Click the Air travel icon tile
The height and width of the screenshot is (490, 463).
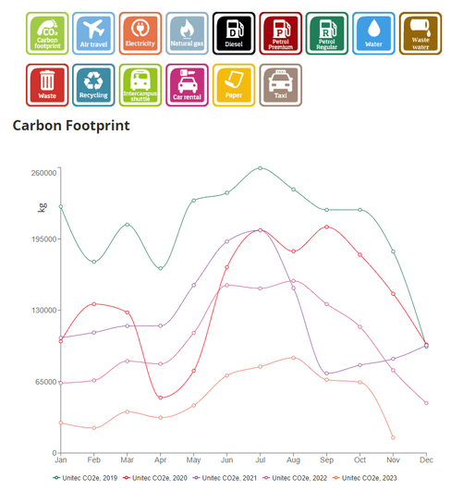pyautogui.click(x=93, y=33)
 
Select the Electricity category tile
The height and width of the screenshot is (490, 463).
pyautogui.click(x=140, y=33)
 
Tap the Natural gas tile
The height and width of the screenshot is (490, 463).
pyautogui.click(x=187, y=33)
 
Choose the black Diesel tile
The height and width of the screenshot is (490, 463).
pyautogui.click(x=233, y=33)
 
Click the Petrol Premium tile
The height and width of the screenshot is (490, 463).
pyautogui.click(x=280, y=33)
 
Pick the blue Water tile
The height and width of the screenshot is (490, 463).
pyautogui.click(x=373, y=33)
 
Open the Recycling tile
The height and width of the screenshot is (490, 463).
pyautogui.click(x=93, y=84)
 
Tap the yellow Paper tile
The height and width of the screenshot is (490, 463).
pyautogui.click(x=233, y=84)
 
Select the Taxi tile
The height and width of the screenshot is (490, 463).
pyautogui.click(x=280, y=84)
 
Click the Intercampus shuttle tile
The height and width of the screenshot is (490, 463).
pyautogui.click(x=140, y=84)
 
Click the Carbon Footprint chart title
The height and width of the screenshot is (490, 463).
pyautogui.click(x=71, y=125)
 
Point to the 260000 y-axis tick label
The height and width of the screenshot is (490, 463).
pyautogui.click(x=44, y=173)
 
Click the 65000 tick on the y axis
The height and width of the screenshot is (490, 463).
pyautogui.click(x=46, y=381)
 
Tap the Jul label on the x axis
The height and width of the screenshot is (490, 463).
pyautogui.click(x=260, y=459)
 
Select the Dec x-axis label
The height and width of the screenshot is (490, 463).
pyautogui.click(x=425, y=459)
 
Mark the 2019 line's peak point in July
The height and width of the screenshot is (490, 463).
pyautogui.click(x=260, y=168)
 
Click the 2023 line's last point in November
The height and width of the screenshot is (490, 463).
pyautogui.click(x=393, y=437)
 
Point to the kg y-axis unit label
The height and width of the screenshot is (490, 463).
pyautogui.click(x=42, y=207)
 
